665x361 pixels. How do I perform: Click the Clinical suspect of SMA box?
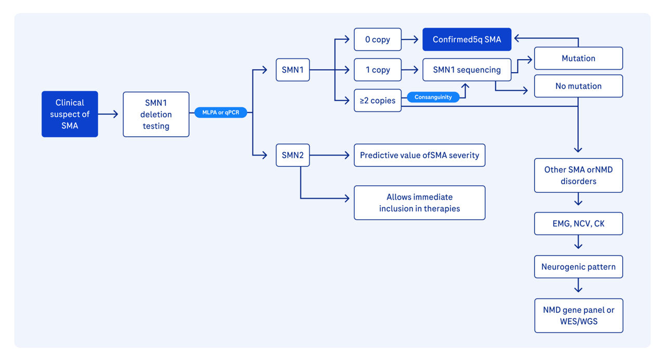tap(70, 114)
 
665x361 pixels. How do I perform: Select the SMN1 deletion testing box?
tap(156, 114)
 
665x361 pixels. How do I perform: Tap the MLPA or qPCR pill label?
tap(221, 113)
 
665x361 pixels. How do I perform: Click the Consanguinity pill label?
tap(433, 97)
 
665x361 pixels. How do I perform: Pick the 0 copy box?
tap(378, 39)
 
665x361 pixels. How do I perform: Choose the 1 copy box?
tap(378, 70)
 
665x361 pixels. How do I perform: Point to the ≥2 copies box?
tap(378, 101)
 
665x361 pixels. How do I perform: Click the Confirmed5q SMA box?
tap(467, 39)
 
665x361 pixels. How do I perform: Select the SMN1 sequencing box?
tap(467, 70)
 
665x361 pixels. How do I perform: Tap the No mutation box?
tap(579, 86)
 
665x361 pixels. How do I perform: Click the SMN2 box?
tap(292, 155)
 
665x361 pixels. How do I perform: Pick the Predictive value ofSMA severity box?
tap(420, 155)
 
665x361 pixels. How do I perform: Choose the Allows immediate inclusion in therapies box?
tap(420, 203)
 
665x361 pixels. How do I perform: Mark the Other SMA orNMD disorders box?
tap(579, 175)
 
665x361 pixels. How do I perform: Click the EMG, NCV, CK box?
tap(579, 224)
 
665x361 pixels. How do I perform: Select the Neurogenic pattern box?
tap(579, 267)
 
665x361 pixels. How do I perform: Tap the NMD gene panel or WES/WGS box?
tap(579, 316)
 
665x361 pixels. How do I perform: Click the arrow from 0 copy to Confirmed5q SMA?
tap(410, 39)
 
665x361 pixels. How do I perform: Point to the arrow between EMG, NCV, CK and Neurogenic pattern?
tap(578, 242)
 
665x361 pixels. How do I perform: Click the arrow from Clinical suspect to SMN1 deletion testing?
tap(108, 114)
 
